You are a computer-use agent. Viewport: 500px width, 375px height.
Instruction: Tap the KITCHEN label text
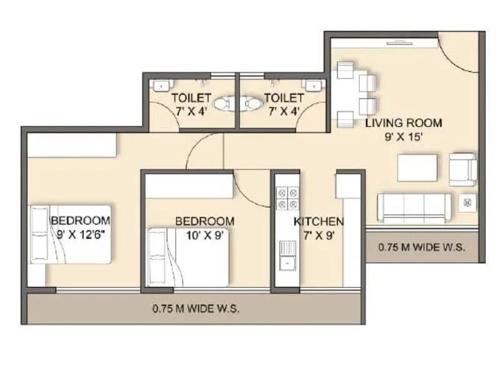click(319, 221)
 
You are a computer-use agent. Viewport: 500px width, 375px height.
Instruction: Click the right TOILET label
click(284, 98)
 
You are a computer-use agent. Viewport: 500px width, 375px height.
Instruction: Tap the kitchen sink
click(287, 255)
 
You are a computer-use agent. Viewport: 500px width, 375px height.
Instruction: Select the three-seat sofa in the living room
click(414, 208)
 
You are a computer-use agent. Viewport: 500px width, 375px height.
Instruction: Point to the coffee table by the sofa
click(417, 167)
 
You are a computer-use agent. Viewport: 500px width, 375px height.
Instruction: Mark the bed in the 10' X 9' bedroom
click(188, 256)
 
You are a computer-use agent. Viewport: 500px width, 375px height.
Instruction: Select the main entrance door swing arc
click(459, 53)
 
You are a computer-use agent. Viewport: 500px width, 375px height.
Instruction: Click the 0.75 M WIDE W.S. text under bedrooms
click(196, 309)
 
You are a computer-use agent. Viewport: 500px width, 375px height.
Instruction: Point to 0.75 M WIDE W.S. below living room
click(422, 247)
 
